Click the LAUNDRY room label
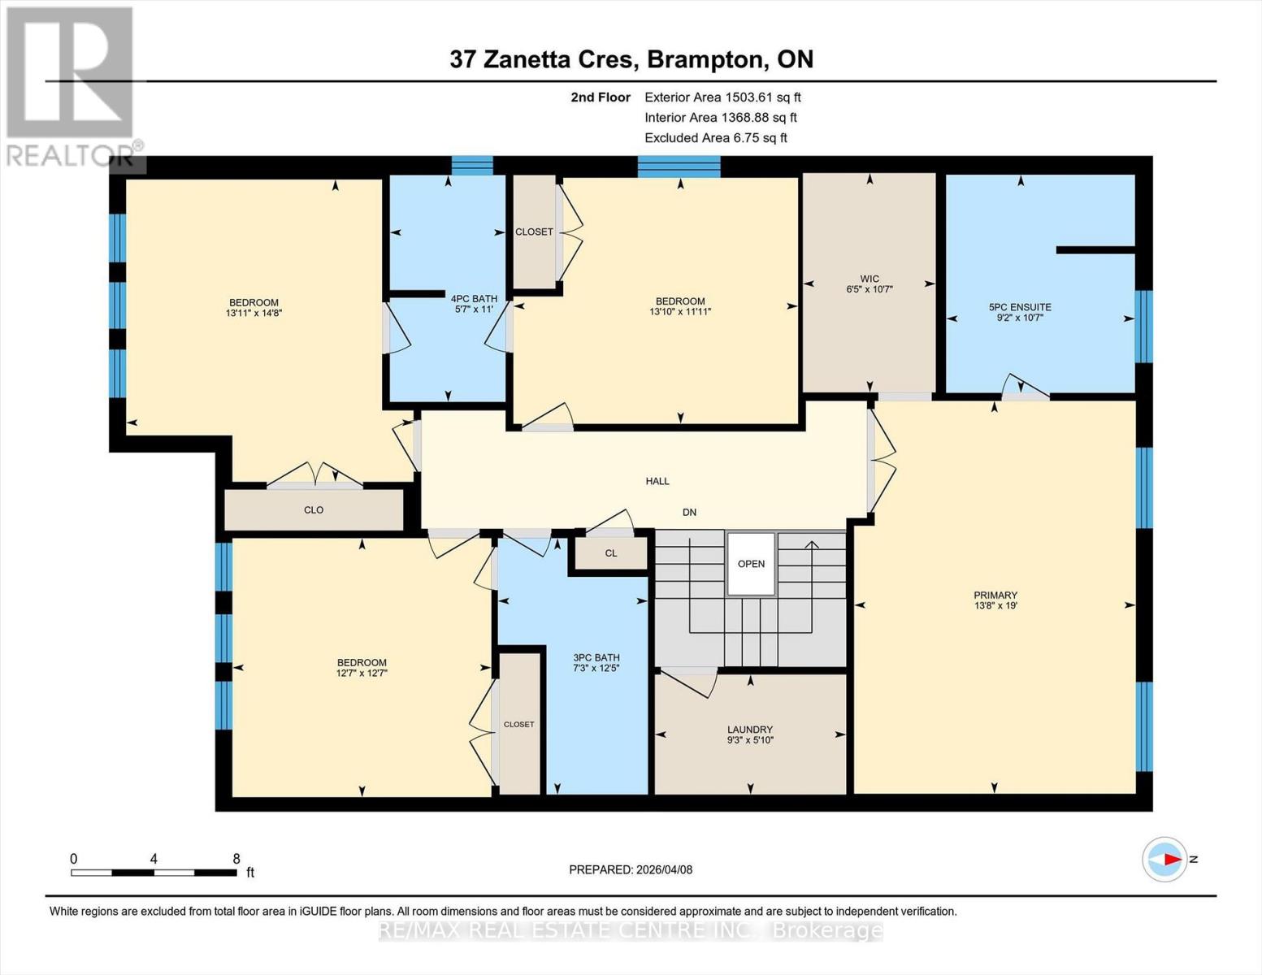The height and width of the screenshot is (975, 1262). (x=749, y=729)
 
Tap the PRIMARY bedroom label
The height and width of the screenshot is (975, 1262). (x=995, y=595)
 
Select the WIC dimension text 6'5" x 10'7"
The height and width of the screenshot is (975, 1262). (x=870, y=289)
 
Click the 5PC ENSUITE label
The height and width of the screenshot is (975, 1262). (x=1019, y=307)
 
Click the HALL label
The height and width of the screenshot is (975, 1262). (x=657, y=481)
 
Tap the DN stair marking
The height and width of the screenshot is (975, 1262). (x=689, y=512)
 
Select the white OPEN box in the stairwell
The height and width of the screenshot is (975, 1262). (x=751, y=564)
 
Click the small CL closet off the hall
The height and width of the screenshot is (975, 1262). (x=611, y=553)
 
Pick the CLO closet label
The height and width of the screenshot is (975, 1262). (x=314, y=510)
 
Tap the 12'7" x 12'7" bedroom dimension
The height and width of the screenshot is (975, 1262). (x=362, y=673)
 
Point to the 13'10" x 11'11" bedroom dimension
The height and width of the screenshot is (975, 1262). (x=680, y=311)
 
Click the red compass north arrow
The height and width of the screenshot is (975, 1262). (x=1169, y=859)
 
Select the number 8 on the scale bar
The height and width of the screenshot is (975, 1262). (x=236, y=859)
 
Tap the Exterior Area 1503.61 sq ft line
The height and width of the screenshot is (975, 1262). (x=722, y=97)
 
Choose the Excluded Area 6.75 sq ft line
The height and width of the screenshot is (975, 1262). (x=716, y=137)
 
